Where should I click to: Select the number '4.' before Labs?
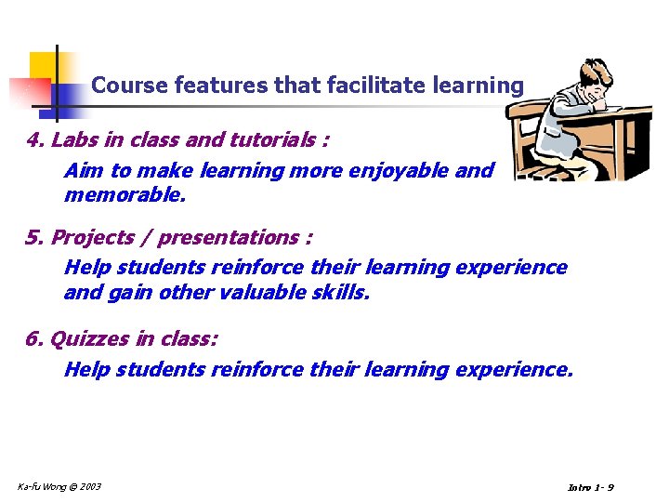36,140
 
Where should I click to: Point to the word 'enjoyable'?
407,171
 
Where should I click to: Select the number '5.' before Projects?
36,237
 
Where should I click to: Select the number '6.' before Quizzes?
36,338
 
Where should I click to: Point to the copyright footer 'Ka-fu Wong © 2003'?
59,486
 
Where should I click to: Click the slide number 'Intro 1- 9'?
590,488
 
